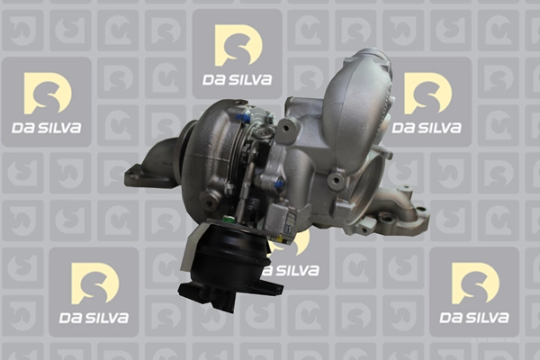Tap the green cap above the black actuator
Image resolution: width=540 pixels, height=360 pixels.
[x=227, y=219]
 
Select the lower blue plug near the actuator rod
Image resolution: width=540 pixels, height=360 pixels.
[x=279, y=184]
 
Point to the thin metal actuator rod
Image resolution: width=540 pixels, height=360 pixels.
[x=247, y=179]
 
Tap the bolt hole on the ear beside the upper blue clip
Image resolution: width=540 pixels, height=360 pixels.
[x=285, y=129]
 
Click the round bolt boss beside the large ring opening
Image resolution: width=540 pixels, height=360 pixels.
[x=335, y=180]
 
